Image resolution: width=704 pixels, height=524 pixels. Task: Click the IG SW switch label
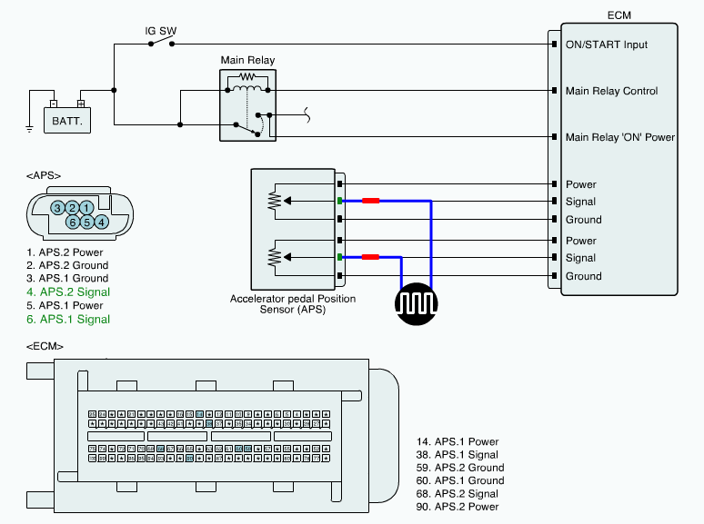pos(161,31)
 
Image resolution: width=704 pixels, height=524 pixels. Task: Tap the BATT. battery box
pos(68,119)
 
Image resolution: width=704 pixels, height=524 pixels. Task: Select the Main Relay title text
pos(247,61)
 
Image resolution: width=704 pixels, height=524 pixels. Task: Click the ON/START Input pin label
pos(607,44)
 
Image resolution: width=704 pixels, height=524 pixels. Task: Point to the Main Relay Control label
pos(611,91)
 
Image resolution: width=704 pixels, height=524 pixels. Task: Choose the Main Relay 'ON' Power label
pos(620,137)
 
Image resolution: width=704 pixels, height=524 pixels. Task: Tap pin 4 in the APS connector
pos(102,222)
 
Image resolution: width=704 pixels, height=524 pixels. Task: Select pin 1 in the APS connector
pos(86,208)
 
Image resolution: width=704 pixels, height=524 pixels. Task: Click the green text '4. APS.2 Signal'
pos(68,292)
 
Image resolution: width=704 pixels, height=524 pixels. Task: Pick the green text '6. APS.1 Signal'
pos(68,319)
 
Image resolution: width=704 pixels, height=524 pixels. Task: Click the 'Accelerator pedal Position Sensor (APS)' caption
pos(292,304)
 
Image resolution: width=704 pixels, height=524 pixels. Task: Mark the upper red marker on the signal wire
pos(371,202)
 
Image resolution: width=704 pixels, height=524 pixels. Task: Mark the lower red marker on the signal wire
pos(371,258)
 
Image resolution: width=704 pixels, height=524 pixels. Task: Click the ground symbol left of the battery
pos(30,128)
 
